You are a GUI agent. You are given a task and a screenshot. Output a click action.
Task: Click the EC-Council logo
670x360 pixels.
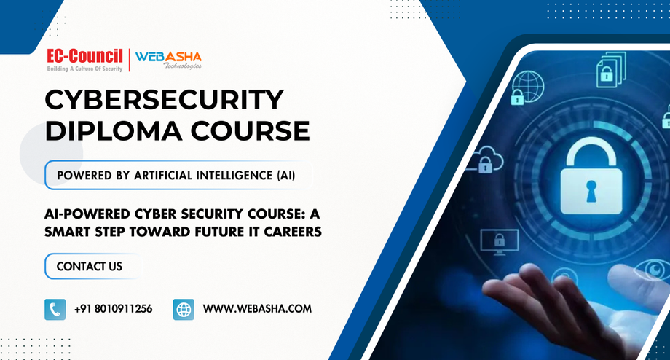point(84,60)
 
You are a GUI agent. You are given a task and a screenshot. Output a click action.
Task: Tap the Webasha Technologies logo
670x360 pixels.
point(168,60)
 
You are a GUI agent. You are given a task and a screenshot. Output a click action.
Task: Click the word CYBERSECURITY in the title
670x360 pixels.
point(164,100)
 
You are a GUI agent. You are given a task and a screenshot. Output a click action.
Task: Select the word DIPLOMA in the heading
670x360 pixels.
point(113,131)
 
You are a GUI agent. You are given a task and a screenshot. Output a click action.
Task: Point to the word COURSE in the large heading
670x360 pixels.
point(251,131)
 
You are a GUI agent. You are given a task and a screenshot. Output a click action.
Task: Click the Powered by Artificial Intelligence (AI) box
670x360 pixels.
point(178,175)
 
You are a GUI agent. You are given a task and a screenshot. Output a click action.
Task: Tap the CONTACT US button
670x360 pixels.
point(92,267)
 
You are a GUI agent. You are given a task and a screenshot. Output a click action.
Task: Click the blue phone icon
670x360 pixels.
point(55,310)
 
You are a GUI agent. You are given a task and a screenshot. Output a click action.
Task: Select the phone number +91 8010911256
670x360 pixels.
point(113,309)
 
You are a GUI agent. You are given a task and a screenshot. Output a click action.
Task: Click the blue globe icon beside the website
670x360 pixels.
point(184,310)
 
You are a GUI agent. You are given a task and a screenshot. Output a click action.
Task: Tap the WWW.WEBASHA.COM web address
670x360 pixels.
point(257,309)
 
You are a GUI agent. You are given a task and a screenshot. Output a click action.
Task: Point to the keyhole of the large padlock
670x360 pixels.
point(591,191)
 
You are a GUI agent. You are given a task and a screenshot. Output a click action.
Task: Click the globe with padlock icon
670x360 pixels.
point(527,88)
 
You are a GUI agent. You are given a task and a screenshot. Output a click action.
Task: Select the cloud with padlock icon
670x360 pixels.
point(485,159)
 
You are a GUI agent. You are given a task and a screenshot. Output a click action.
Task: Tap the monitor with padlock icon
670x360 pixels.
point(500,241)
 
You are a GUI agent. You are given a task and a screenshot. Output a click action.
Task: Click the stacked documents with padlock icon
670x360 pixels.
point(612,69)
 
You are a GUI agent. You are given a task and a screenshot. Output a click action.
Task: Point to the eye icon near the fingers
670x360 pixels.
point(653,270)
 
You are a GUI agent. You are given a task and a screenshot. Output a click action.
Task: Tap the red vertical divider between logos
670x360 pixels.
point(130,60)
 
